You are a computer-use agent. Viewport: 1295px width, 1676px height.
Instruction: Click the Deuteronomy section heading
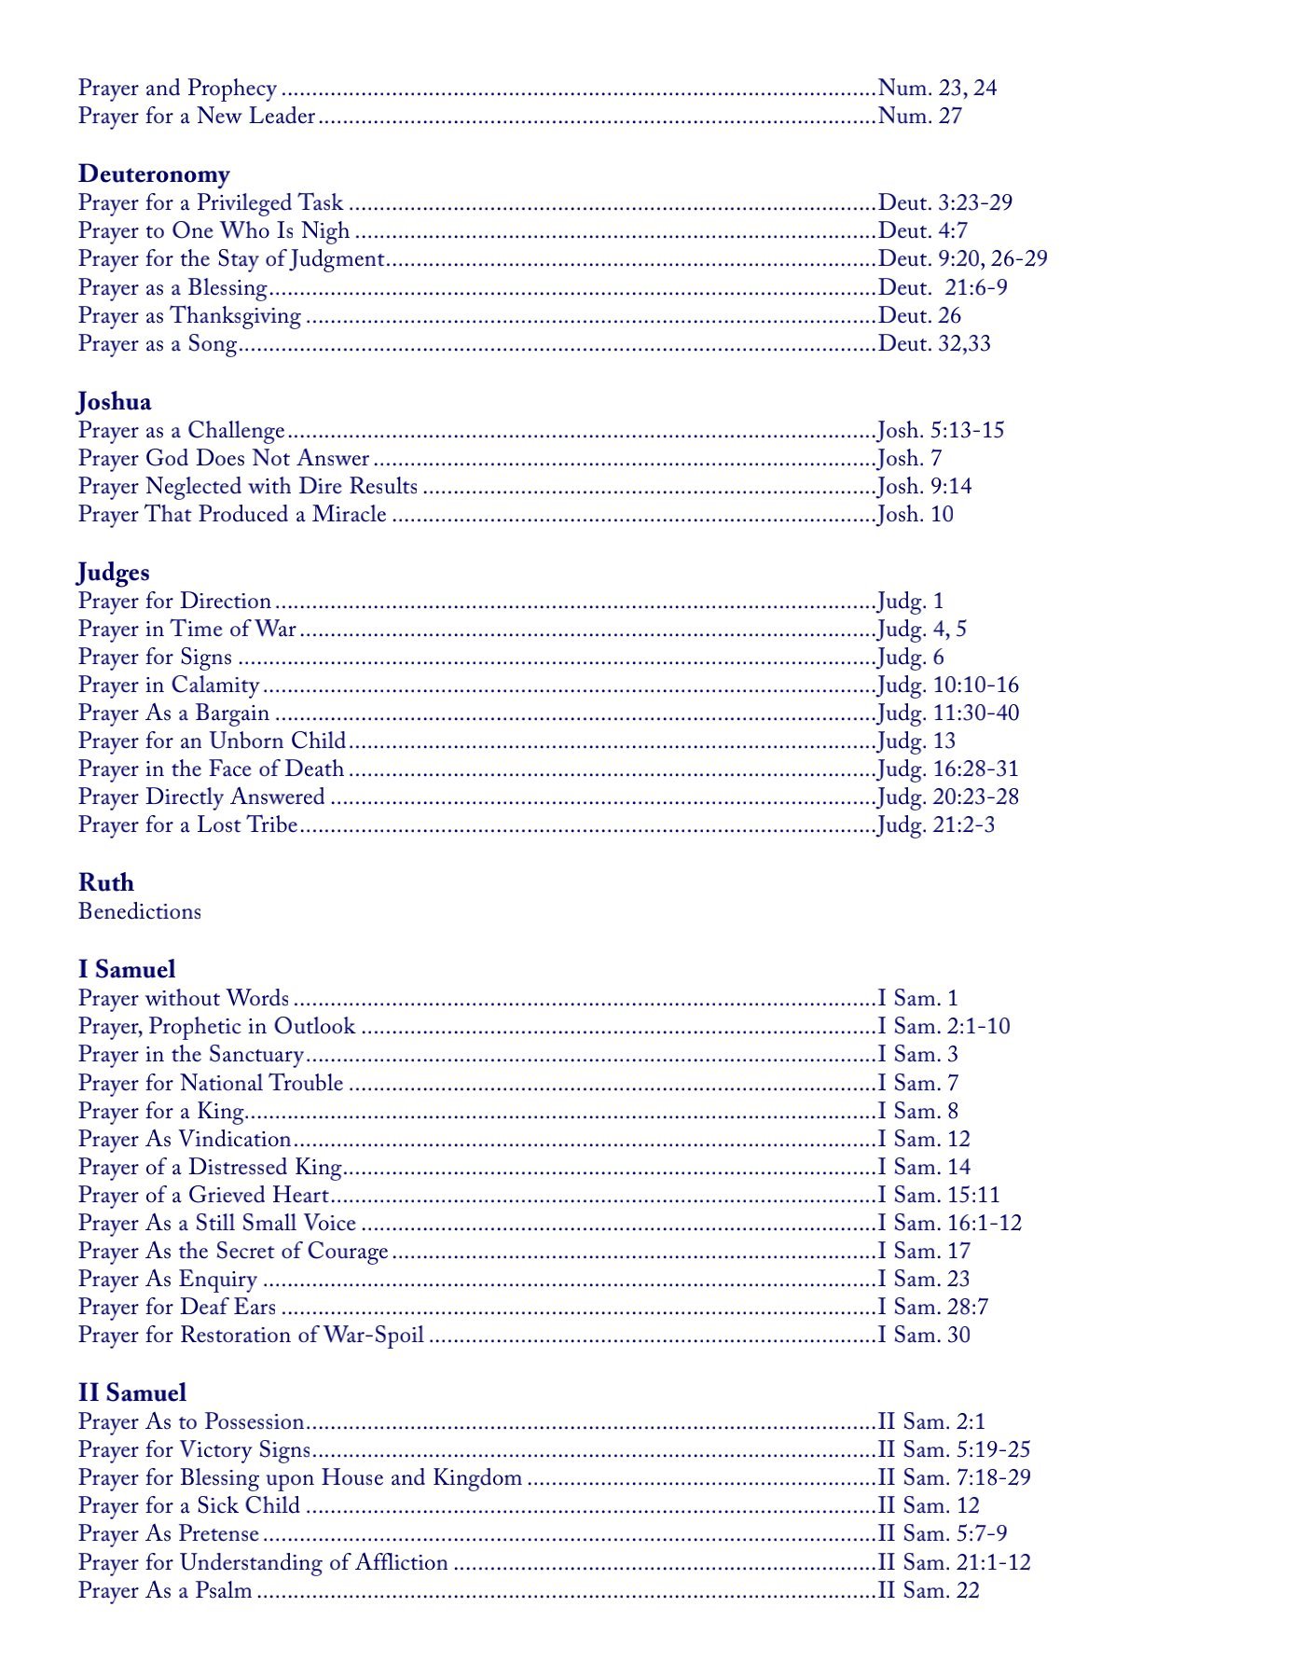click(154, 174)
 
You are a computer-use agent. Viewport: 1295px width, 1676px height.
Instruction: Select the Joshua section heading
click(114, 402)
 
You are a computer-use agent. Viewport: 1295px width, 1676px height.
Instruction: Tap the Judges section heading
click(113, 573)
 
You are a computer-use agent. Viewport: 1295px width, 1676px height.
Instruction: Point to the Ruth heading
click(106, 883)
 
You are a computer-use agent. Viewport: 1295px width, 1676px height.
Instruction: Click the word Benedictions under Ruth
click(140, 911)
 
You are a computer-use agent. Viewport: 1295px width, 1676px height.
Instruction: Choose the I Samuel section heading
click(127, 970)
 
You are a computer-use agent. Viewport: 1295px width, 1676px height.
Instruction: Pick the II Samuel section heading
click(132, 1393)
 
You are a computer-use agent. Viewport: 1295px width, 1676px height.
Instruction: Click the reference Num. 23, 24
click(937, 89)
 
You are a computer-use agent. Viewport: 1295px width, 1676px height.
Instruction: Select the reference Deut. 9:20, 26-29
click(962, 258)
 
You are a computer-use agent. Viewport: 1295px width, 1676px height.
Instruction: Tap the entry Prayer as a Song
click(158, 344)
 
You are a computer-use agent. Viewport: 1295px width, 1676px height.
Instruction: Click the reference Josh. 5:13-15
click(940, 431)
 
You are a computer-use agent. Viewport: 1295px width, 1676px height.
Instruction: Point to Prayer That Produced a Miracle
click(232, 515)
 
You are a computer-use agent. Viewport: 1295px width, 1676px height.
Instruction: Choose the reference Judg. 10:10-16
click(947, 686)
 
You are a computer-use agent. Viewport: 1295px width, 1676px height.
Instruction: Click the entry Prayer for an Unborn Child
click(212, 741)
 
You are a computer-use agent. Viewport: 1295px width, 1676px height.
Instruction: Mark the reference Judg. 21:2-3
click(935, 825)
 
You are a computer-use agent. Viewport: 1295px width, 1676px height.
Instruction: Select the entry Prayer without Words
click(184, 999)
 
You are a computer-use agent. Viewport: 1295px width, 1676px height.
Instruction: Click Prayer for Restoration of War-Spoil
click(251, 1336)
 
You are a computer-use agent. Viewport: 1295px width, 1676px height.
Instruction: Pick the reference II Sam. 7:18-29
click(954, 1478)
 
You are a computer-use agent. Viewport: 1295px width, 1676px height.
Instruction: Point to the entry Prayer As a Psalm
click(165, 1591)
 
